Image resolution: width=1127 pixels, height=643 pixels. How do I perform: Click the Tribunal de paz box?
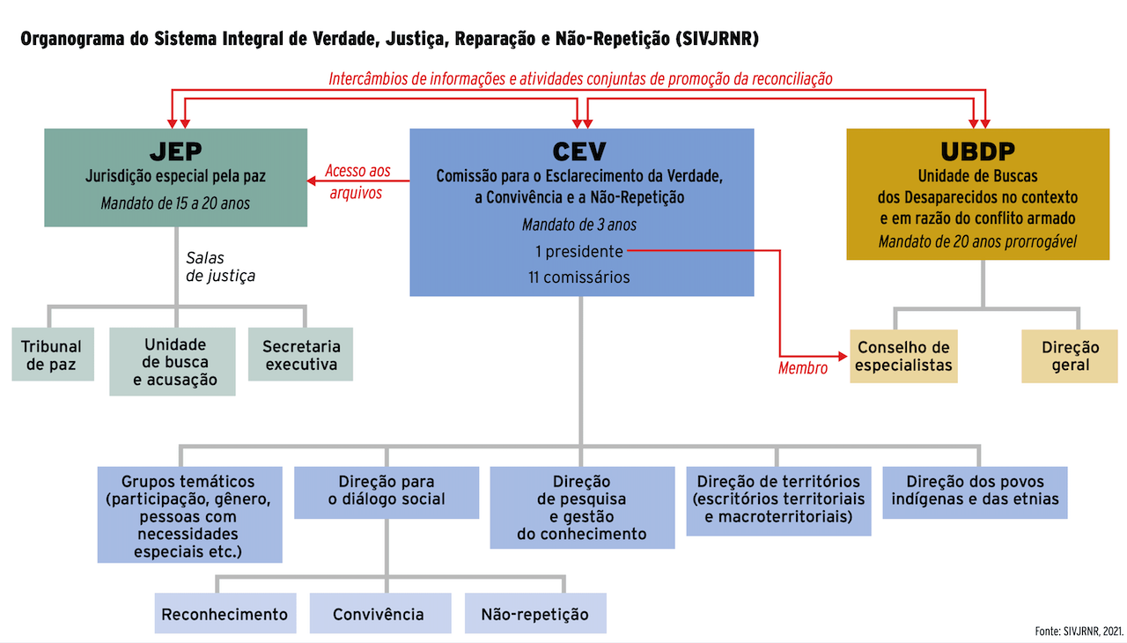pyautogui.click(x=52, y=354)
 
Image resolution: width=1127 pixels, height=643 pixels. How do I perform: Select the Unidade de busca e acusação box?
pyautogui.click(x=173, y=362)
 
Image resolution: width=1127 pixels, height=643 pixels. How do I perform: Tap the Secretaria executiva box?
pyautogui.click(x=300, y=354)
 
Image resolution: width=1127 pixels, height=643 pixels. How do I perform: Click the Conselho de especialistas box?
pyautogui.click(x=904, y=356)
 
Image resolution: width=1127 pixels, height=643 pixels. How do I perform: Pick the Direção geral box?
pyautogui.click(x=1070, y=356)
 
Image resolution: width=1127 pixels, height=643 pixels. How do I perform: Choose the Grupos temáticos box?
pyautogui.click(x=189, y=515)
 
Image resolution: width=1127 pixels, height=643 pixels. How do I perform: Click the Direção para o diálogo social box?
pyautogui.click(x=386, y=491)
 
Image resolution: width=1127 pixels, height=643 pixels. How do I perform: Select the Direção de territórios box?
pyautogui.click(x=778, y=500)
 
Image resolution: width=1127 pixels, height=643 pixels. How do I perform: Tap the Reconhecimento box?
pyautogui.click(x=225, y=614)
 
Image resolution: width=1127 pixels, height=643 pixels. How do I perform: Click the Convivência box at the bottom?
pyautogui.click(x=379, y=614)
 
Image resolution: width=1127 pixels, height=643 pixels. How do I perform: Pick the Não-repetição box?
pyautogui.click(x=535, y=614)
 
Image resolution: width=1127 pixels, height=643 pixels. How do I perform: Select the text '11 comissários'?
pyautogui.click(x=579, y=277)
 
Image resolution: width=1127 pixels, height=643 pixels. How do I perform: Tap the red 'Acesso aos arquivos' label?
pyautogui.click(x=357, y=181)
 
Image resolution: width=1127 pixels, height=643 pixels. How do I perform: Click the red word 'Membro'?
pyautogui.click(x=803, y=369)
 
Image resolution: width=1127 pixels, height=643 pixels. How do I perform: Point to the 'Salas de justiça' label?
pyautogui.click(x=220, y=267)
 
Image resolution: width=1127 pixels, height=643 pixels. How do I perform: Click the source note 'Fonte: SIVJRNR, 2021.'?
pyautogui.click(x=1079, y=631)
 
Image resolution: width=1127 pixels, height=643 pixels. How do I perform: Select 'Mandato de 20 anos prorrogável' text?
pyautogui.click(x=977, y=241)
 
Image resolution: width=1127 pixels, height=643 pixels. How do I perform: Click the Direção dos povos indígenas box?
pyautogui.click(x=975, y=491)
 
